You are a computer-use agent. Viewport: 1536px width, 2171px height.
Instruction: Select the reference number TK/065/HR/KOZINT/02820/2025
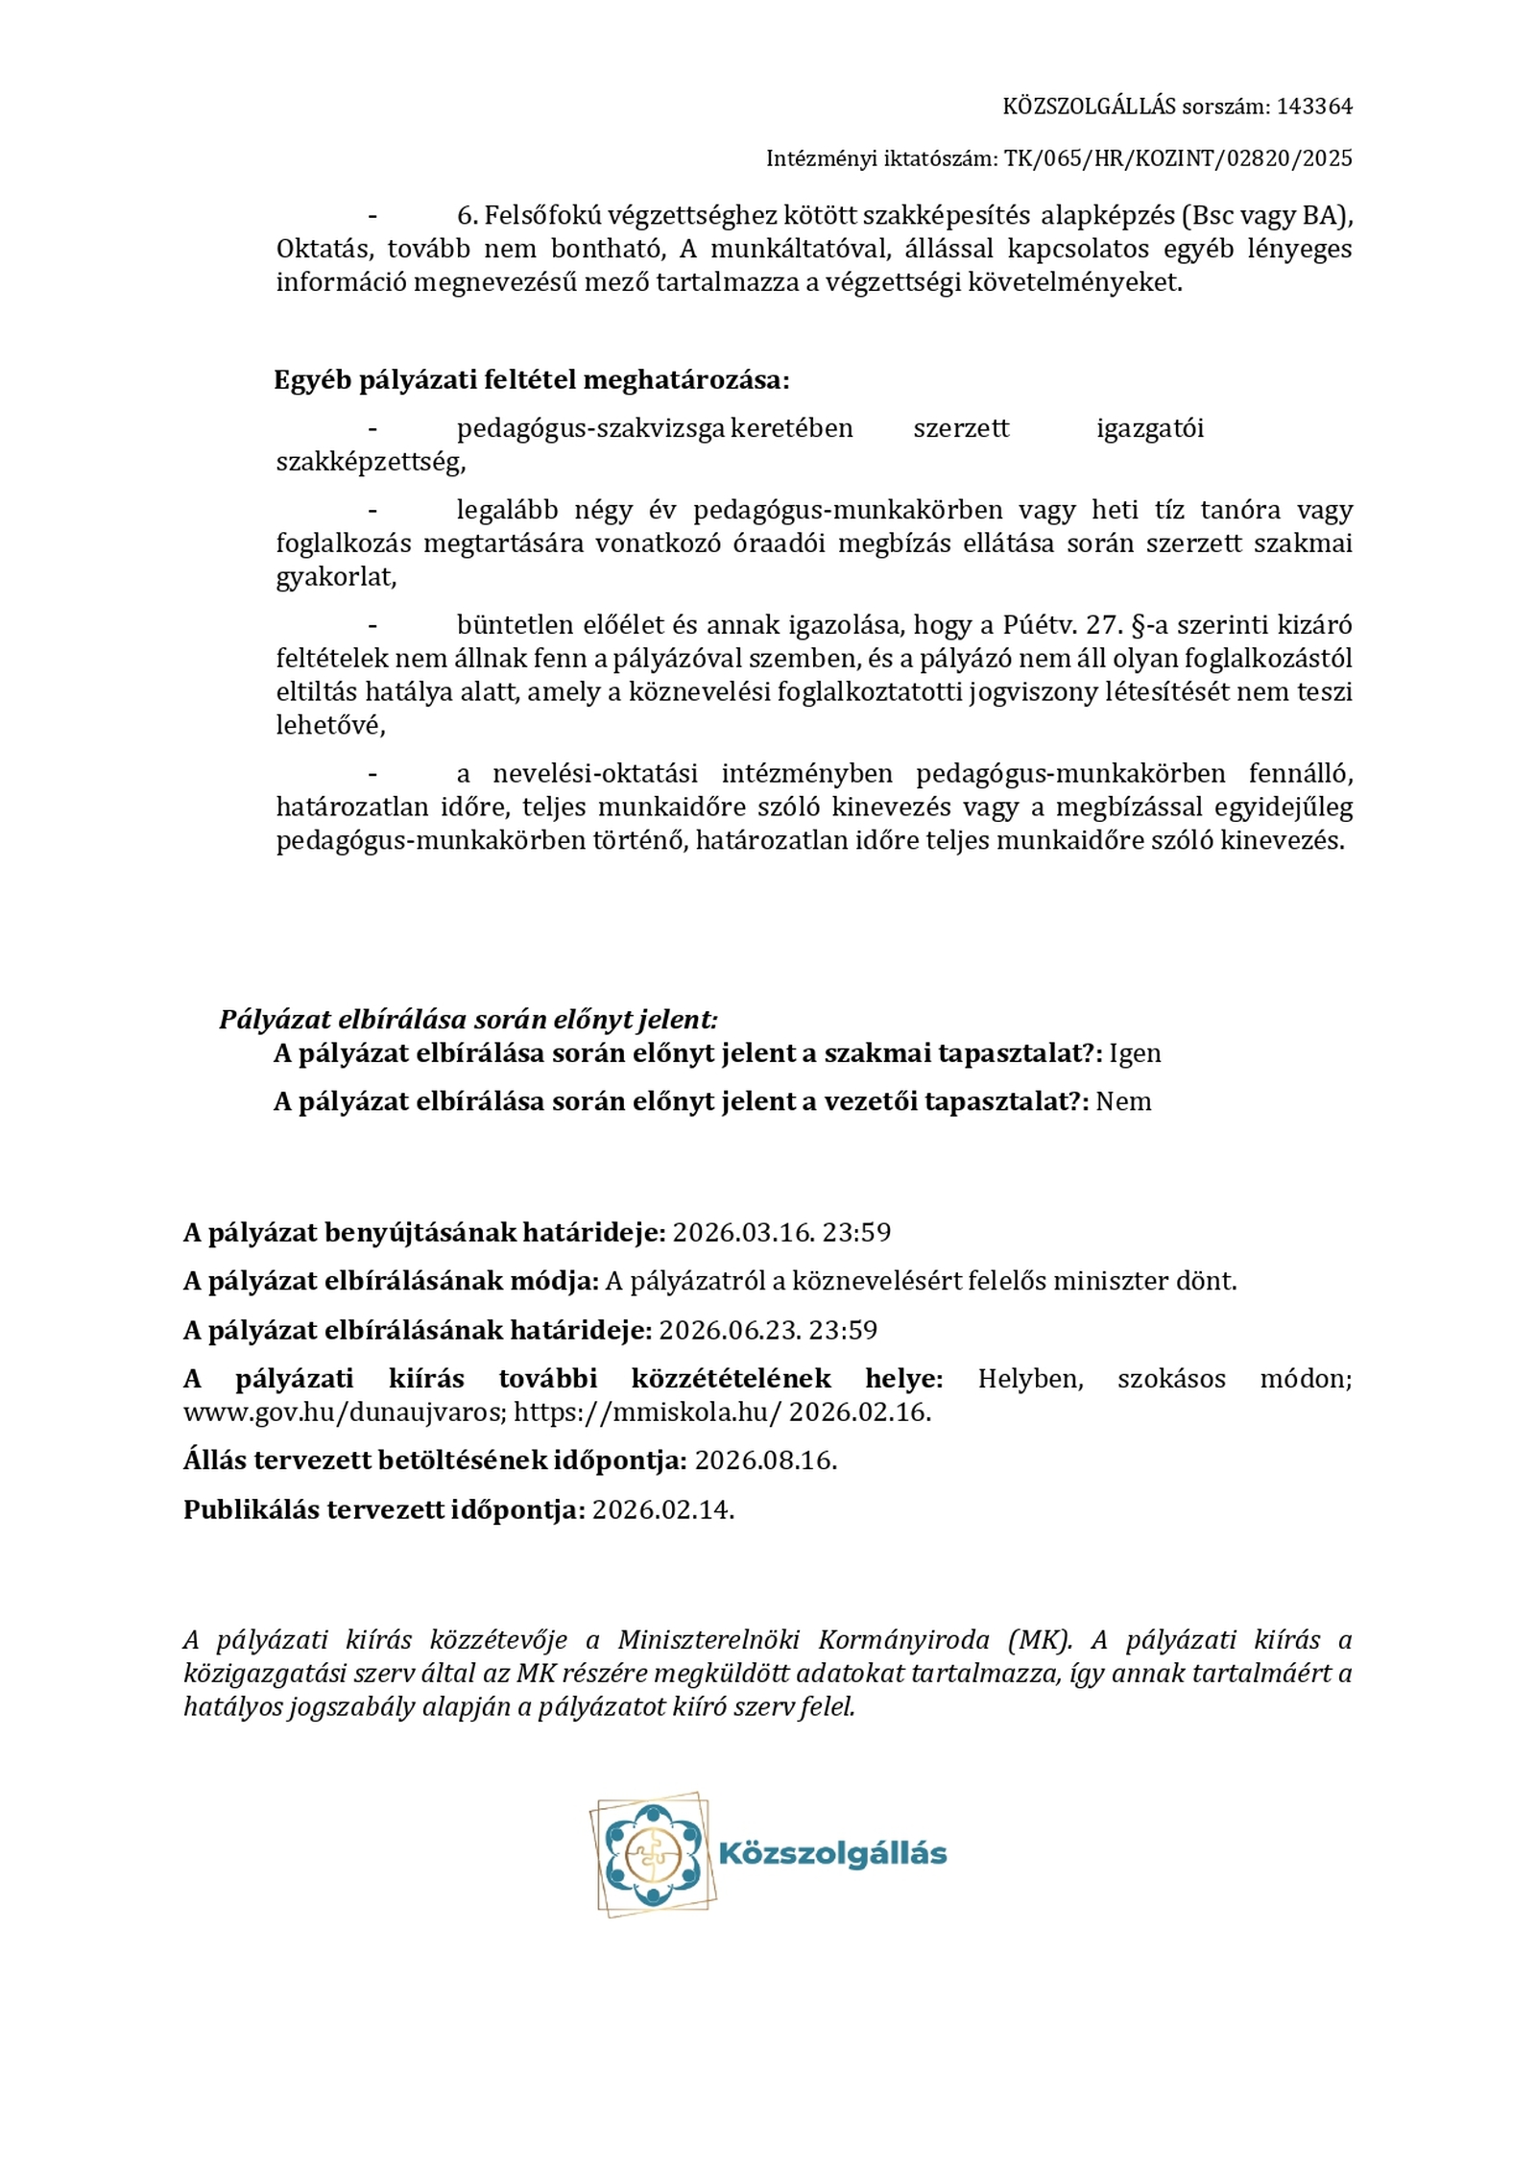tap(1178, 158)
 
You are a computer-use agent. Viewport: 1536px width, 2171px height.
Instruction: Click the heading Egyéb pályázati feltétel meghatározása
tap(531, 380)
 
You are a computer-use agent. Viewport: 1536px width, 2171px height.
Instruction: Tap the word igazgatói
tap(1149, 428)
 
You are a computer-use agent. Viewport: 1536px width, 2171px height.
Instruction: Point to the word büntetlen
tap(515, 625)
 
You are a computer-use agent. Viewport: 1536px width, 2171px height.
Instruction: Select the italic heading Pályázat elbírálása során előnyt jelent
tap(468, 1019)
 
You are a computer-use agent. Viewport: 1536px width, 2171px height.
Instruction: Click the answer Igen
tap(1135, 1053)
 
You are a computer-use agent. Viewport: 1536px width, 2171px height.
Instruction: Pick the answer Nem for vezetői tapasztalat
tap(1123, 1101)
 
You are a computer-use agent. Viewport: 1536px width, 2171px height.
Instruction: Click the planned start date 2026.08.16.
tap(765, 1460)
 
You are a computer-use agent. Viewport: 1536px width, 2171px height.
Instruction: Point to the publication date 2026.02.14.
tap(662, 1509)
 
